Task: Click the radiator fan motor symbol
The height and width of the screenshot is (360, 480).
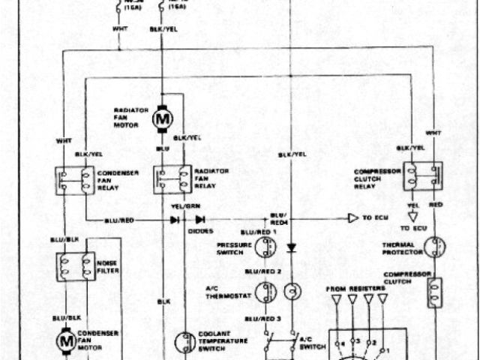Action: [x=162, y=118]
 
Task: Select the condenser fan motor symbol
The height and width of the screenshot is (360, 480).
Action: [x=64, y=341]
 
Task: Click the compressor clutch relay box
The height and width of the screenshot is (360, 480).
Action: [x=422, y=176]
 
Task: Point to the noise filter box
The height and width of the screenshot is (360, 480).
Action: [x=75, y=265]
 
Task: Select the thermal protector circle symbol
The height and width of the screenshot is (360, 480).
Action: [x=433, y=246]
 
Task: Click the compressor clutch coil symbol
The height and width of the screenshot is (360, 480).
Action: [x=434, y=293]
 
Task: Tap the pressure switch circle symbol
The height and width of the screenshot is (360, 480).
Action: [x=264, y=247]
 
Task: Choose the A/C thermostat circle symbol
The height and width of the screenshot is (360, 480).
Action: [x=265, y=292]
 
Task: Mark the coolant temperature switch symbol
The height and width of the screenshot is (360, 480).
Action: [x=185, y=342]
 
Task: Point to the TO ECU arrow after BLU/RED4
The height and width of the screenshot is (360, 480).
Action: [x=353, y=219]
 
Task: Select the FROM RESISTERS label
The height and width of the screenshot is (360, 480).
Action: [x=355, y=288]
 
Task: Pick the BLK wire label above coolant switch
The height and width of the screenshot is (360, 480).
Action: [x=163, y=301]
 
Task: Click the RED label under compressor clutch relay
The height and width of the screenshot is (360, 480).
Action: [x=434, y=203]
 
